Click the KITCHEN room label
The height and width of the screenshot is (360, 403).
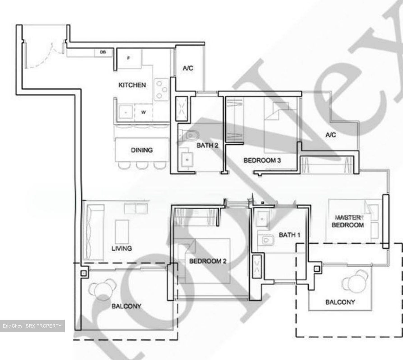click(x=132, y=85)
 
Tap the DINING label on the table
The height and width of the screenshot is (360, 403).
click(x=142, y=150)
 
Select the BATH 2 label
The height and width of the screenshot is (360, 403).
click(x=207, y=145)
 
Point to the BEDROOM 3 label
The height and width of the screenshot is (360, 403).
click(x=262, y=161)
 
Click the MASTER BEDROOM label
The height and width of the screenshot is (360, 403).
click(x=348, y=221)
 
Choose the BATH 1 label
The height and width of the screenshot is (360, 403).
click(x=289, y=235)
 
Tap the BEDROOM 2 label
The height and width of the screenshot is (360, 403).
click(x=208, y=261)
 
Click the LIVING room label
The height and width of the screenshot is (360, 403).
click(x=122, y=248)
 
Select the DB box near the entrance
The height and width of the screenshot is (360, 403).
click(x=103, y=52)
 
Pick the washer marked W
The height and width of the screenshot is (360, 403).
click(x=143, y=112)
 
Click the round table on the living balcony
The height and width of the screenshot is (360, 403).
click(x=102, y=290)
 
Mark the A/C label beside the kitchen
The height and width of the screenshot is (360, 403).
click(x=188, y=68)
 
